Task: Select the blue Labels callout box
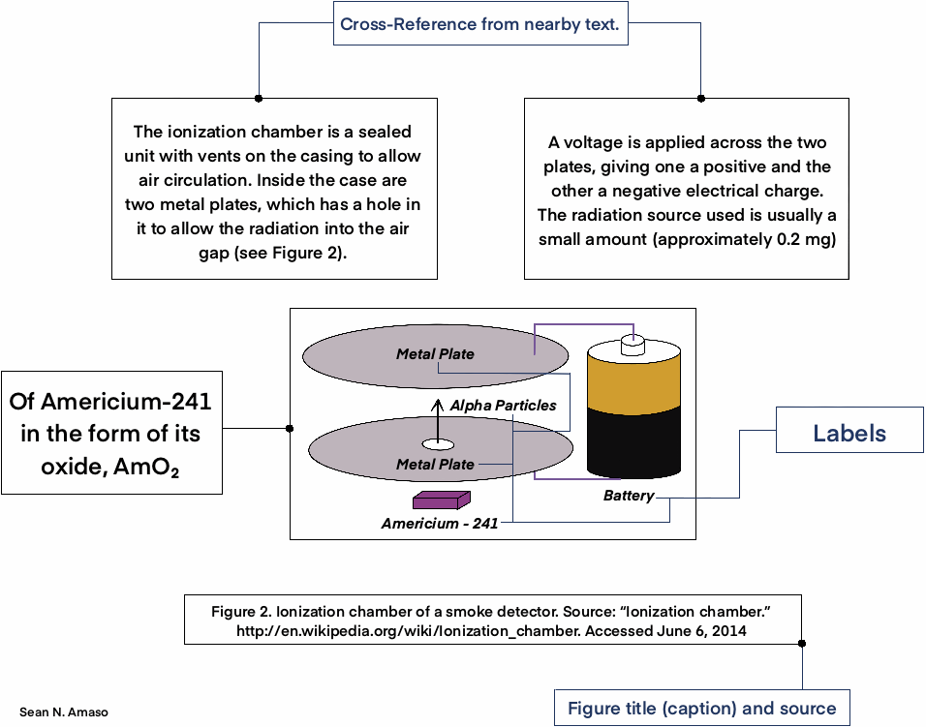point(849,434)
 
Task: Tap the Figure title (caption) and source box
point(701,708)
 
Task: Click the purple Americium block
point(441,500)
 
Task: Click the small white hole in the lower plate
point(437,444)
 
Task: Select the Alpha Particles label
point(504,406)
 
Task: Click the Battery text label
point(629,497)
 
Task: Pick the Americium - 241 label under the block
point(440,524)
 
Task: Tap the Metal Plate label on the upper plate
point(435,354)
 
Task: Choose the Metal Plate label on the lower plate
point(435,465)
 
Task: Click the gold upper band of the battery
point(634,379)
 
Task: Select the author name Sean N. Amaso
point(64,712)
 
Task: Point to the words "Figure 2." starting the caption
point(241,612)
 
